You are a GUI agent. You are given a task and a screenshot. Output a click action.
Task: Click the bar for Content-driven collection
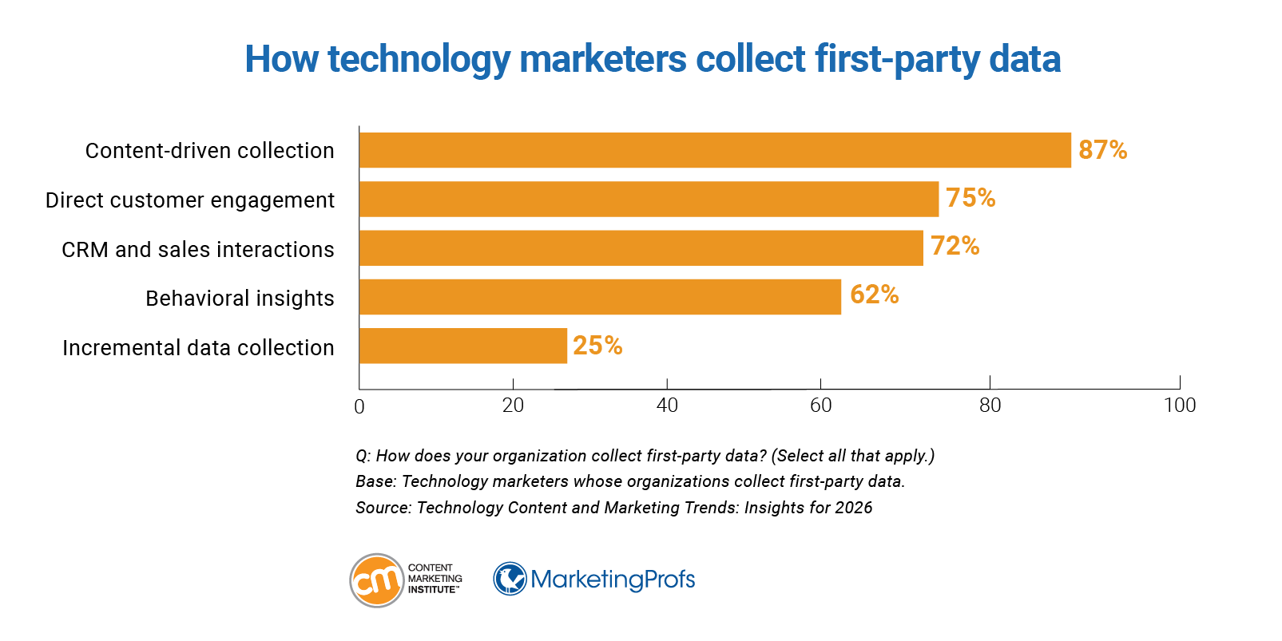pos(715,150)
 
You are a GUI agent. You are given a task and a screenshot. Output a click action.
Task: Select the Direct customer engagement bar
pos(649,199)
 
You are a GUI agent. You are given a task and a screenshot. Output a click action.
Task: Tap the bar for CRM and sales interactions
pos(641,248)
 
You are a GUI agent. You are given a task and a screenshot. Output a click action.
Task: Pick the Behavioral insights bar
pos(600,297)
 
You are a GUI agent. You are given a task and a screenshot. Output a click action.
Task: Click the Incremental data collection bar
pos(463,346)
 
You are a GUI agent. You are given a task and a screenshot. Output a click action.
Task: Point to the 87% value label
pos(1102,150)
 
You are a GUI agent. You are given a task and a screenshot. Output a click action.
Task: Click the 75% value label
pos(970,198)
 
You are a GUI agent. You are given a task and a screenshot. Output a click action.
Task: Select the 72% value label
pos(955,246)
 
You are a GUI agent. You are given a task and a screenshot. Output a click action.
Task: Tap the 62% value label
pos(874,295)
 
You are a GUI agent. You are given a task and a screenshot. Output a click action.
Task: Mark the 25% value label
pos(597,346)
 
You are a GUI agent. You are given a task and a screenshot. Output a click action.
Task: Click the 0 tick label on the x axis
pos(359,407)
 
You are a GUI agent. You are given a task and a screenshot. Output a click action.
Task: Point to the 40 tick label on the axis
pos(667,406)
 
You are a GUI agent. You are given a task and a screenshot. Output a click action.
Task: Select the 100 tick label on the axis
pos(1180,406)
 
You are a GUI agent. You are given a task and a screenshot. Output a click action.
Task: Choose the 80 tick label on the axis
pos(990,406)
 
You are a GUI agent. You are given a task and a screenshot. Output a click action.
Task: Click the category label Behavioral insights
pos(240,299)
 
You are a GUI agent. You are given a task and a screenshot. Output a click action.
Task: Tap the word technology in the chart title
pos(419,60)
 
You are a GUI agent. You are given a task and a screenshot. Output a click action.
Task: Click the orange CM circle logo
pos(377,580)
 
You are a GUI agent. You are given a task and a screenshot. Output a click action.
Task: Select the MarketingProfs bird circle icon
pos(510,579)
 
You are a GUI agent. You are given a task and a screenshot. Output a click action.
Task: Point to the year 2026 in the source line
pos(853,508)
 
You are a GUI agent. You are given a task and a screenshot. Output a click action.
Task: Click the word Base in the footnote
pos(374,481)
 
